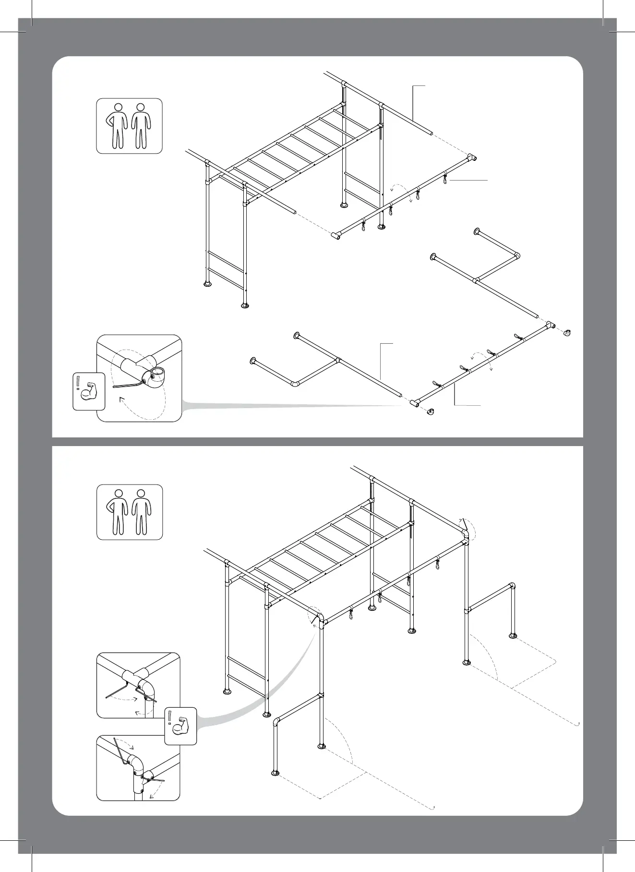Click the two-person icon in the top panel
pyautogui.click(x=129, y=126)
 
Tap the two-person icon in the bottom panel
pyautogui.click(x=129, y=512)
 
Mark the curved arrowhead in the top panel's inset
pyautogui.click(x=120, y=399)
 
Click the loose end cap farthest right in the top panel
pyautogui.click(x=567, y=332)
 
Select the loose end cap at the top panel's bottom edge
pyautogui.click(x=431, y=412)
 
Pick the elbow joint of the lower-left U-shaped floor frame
pyautogui.click(x=295, y=384)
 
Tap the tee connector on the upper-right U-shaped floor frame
pyautogui.click(x=476, y=280)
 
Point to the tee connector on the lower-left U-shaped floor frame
pyautogui.click(x=338, y=360)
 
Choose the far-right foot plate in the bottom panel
pyautogui.click(x=513, y=636)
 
